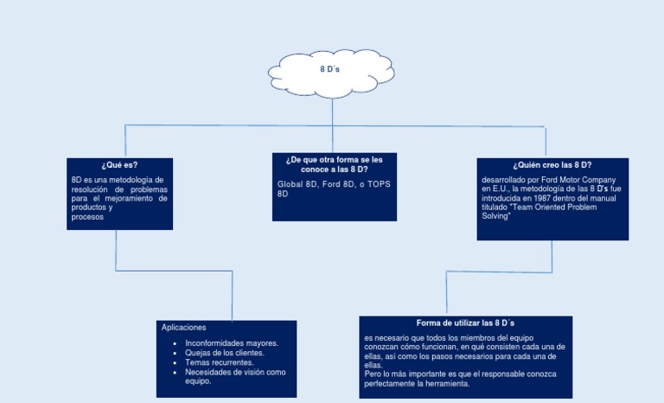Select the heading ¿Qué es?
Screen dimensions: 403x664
coord(119,164)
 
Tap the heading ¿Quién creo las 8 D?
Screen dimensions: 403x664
coord(552,164)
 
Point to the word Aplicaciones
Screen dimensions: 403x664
coord(183,328)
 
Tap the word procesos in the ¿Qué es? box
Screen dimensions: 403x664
coord(87,217)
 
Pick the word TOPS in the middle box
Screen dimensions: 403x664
coord(380,184)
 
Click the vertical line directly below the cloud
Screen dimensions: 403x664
coord(332,108)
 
